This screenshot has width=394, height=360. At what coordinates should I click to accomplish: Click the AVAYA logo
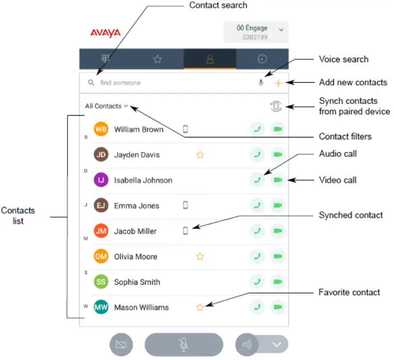point(105,33)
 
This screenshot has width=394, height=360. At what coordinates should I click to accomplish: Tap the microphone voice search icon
point(261,83)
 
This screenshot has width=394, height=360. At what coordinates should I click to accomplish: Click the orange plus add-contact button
point(278,83)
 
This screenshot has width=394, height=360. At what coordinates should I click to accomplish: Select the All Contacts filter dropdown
point(106,106)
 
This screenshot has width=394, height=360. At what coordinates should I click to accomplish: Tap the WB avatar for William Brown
point(101,129)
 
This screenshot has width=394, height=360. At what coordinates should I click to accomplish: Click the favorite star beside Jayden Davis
point(200,155)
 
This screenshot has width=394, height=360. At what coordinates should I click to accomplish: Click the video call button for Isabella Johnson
point(278,180)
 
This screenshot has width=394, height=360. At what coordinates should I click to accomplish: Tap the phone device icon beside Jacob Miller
point(185,231)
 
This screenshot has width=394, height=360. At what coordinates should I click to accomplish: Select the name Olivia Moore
point(136,257)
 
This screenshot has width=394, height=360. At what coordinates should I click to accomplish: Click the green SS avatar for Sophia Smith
point(101,282)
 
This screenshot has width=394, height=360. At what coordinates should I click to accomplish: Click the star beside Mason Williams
point(200,307)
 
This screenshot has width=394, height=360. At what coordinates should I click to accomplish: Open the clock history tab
point(262,59)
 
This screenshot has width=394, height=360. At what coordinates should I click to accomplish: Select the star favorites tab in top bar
point(157,59)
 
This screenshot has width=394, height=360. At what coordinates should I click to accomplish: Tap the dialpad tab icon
point(105,59)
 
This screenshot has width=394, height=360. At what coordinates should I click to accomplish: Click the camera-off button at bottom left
point(121,345)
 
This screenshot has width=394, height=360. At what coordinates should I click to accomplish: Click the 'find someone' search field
point(170,83)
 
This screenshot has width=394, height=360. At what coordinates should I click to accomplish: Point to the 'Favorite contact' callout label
point(349,292)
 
